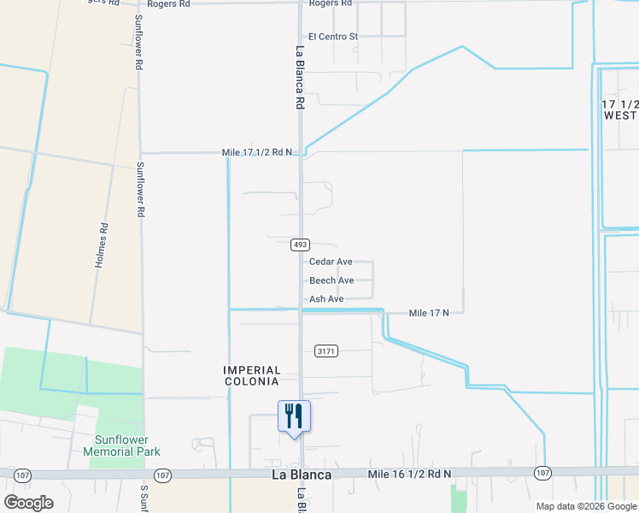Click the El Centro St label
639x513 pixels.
(333, 37)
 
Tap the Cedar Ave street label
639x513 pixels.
(331, 262)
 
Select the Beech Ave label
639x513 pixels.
(331, 280)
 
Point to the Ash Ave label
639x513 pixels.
(326, 299)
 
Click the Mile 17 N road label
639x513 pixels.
(429, 314)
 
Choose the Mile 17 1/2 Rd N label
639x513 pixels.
(257, 152)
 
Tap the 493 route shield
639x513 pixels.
(300, 245)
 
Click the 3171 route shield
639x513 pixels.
(326, 351)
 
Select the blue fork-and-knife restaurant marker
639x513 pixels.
(294, 416)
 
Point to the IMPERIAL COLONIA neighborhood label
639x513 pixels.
(251, 375)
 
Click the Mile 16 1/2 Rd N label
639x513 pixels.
(408, 473)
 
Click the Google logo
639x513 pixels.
(28, 502)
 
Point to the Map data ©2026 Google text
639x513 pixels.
(585, 506)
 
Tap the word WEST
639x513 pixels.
(620, 115)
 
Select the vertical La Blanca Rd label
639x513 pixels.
(300, 77)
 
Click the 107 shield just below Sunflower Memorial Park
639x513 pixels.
(163, 474)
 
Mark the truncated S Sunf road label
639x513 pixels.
(144, 499)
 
